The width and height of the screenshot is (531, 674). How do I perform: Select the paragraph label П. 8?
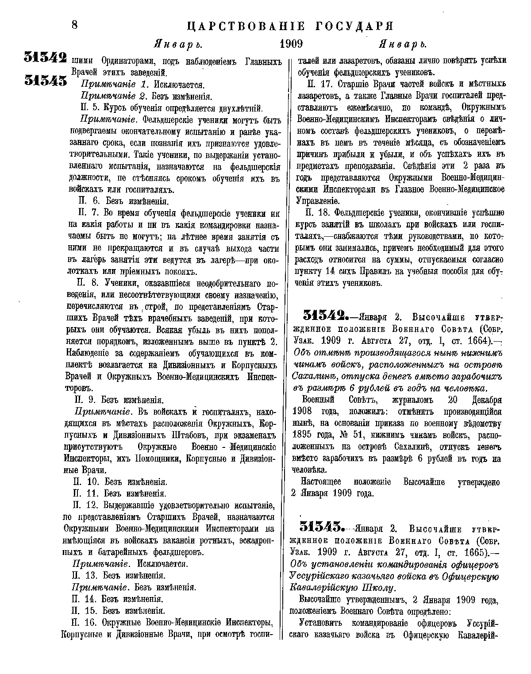[87, 283]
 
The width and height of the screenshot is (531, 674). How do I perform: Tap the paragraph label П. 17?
[318, 84]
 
